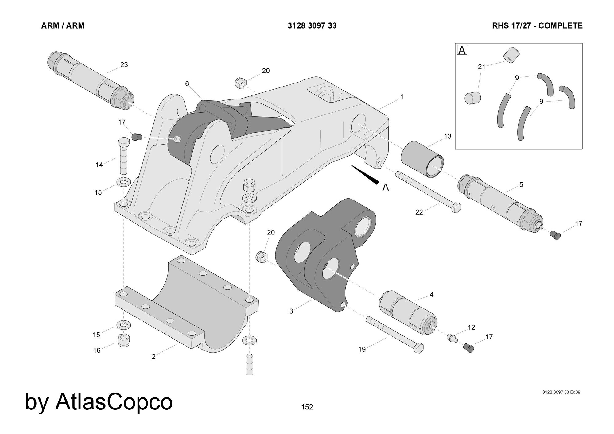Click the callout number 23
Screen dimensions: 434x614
pos(124,65)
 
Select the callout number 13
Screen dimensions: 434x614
pos(448,136)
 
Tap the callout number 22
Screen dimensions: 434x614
pos(419,212)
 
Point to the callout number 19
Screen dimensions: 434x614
pos(362,349)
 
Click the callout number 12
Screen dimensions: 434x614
pos(471,327)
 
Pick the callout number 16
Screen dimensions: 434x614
pos(97,350)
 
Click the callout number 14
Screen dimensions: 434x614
pos(99,165)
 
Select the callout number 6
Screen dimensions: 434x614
pos(187,84)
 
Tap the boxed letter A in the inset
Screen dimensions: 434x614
pos(462,50)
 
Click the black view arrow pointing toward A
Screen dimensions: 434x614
pos(365,175)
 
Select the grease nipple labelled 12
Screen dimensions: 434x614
pos(451,337)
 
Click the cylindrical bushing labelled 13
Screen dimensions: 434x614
pos(422,160)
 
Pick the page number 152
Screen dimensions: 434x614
pos(307,407)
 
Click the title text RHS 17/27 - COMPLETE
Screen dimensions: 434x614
pos(537,26)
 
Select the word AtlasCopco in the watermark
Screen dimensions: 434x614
pos(114,402)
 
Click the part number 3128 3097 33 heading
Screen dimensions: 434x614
pos(312,26)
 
